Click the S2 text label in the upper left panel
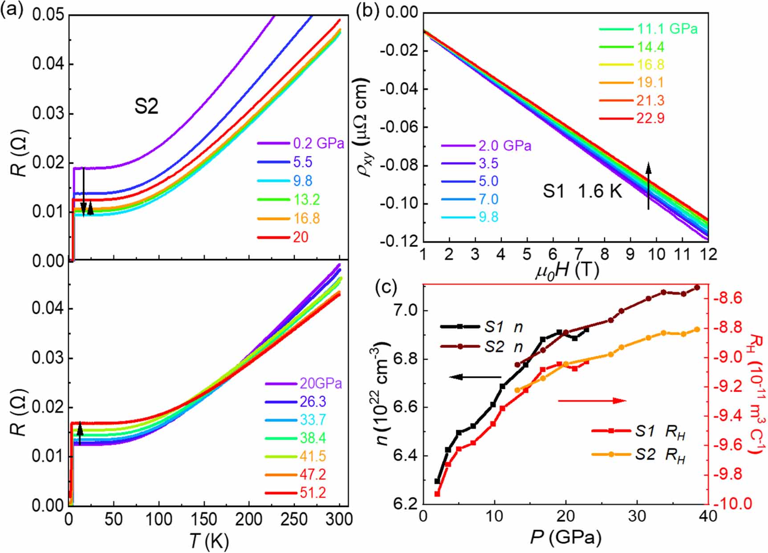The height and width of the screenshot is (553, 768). click(x=146, y=107)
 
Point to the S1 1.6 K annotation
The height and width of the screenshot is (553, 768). click(x=581, y=191)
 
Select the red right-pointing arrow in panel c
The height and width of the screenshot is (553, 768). click(x=592, y=401)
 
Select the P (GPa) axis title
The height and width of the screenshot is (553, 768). click(x=565, y=538)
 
